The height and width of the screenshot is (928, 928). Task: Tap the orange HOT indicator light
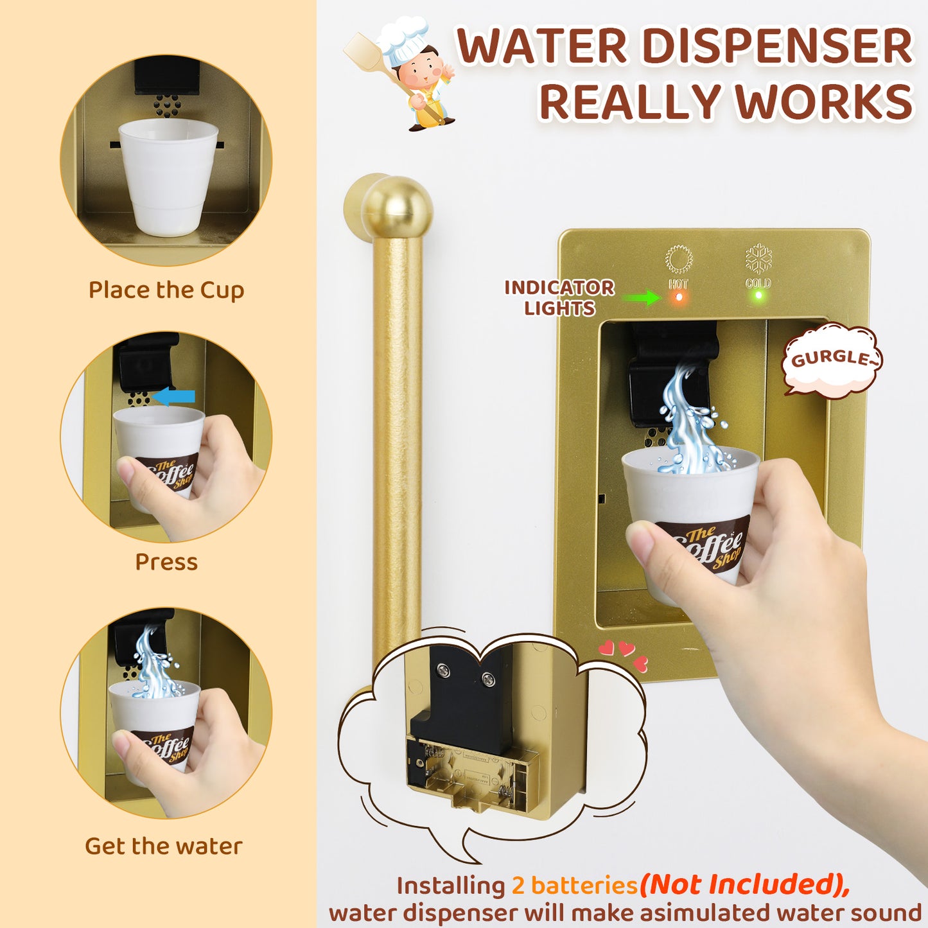pyautogui.click(x=679, y=297)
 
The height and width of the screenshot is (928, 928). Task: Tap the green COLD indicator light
pyautogui.click(x=758, y=295)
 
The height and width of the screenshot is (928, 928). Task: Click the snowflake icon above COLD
pyautogui.click(x=758, y=259)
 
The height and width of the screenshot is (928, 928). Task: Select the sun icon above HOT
pyautogui.click(x=679, y=259)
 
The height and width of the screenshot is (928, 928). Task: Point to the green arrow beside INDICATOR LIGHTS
pyautogui.click(x=642, y=297)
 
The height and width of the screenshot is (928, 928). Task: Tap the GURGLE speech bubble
pyautogui.click(x=832, y=360)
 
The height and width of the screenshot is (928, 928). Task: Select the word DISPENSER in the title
pyautogui.click(x=776, y=47)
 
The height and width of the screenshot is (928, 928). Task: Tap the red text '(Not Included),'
pyautogui.click(x=744, y=885)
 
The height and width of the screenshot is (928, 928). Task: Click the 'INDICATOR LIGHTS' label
pyautogui.click(x=559, y=297)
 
